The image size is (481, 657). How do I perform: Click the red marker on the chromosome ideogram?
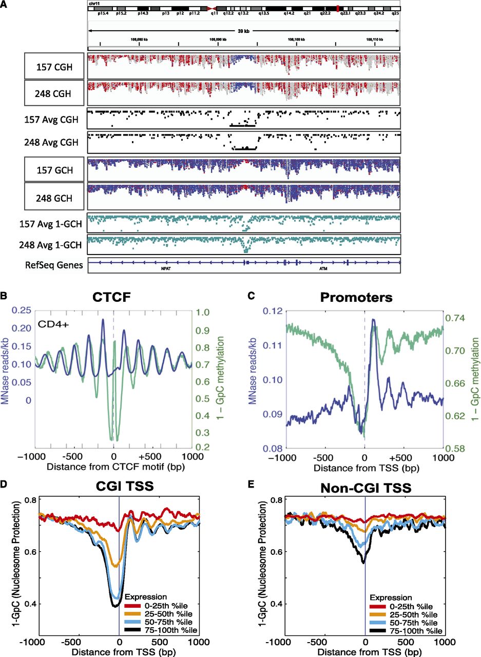337,9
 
